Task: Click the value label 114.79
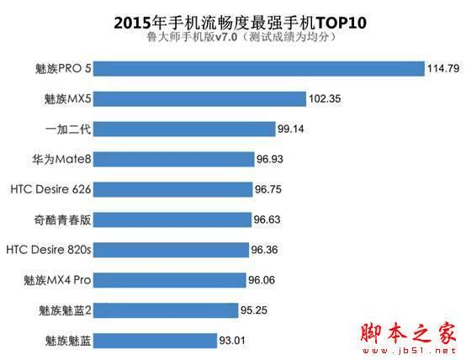[x=442, y=69]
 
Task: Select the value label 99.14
[x=295, y=130]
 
